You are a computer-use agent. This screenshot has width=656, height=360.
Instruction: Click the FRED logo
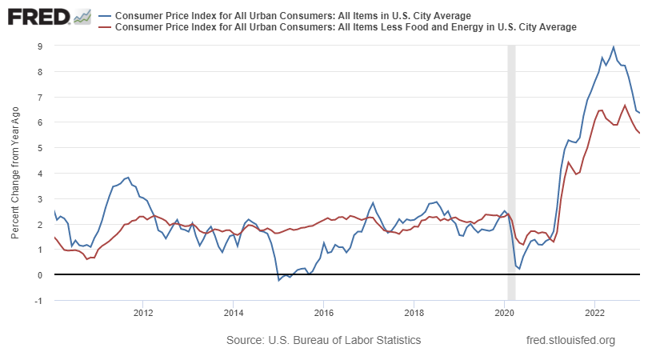tap(40, 16)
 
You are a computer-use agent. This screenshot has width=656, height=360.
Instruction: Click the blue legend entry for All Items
tap(292, 15)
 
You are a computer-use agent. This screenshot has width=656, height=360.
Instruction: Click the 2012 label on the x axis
tap(142, 313)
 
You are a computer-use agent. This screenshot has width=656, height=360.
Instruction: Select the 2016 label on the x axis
tap(323, 313)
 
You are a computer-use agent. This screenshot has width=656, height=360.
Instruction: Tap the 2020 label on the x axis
tap(504, 313)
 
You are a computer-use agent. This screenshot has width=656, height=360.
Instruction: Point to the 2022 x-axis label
tap(594, 313)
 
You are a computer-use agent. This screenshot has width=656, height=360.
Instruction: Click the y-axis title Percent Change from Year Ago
tap(15, 172)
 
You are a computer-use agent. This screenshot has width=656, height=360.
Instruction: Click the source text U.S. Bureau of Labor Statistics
tap(323, 341)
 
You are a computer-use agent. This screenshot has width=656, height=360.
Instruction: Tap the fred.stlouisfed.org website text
tap(570, 341)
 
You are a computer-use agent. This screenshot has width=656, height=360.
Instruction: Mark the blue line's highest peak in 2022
tap(613, 47)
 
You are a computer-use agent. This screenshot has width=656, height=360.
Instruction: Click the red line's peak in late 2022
tap(625, 106)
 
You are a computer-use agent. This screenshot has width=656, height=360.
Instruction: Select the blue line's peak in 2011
tap(127, 178)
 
